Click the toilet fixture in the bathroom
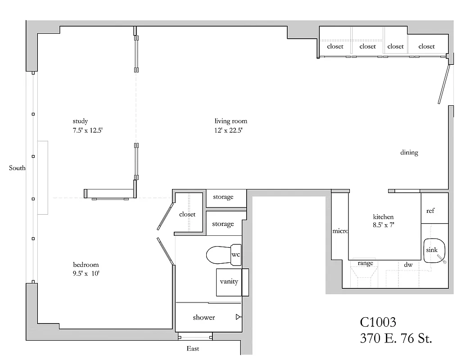point(218,255)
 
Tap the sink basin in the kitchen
point(434,250)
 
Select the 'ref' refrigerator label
point(430,211)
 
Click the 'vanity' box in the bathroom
point(229,282)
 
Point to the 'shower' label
point(204,318)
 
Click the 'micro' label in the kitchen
point(340,231)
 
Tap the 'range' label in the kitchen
point(365,263)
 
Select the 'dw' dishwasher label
point(408,265)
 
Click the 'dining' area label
point(409,153)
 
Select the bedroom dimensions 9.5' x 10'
point(86,273)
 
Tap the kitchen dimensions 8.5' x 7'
point(383,225)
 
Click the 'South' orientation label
point(17,168)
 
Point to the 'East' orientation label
point(193,349)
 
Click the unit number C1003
point(378,322)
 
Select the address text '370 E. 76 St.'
point(396,338)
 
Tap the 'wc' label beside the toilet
point(235,254)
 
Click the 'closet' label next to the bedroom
point(187,215)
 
